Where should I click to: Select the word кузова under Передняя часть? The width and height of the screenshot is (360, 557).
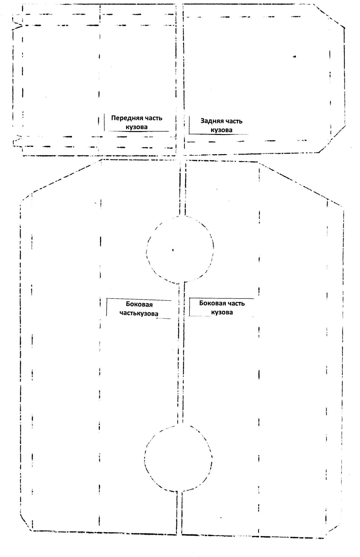pos(136,127)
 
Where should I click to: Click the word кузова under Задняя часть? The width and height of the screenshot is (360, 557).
pos(222,130)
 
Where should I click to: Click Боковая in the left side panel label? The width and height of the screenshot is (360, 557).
pos(139,305)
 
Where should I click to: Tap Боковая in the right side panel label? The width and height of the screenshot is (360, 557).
pos(213,303)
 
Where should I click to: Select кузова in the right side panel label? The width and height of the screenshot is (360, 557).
pos(222,312)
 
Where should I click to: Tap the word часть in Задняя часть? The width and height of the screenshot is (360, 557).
pos(233,121)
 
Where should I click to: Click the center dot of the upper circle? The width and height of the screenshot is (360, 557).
pos(173,250)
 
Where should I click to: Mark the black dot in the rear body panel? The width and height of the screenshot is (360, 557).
pos(294,57)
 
